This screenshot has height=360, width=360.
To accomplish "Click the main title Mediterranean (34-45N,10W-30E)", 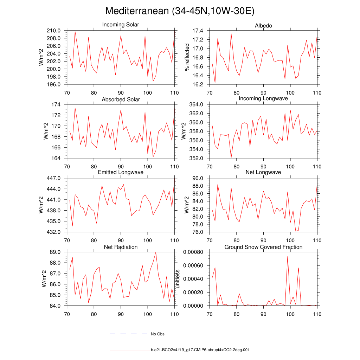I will [180, 11].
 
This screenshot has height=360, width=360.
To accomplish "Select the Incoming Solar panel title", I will [121, 25].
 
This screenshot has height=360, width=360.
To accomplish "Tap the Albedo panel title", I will [263, 26].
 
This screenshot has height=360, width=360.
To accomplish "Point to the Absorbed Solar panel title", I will [121, 99].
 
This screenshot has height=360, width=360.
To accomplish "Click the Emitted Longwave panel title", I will [121, 172].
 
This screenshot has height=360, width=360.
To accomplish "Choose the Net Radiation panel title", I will [121, 247].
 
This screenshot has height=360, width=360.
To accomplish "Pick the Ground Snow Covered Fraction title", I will [263, 247].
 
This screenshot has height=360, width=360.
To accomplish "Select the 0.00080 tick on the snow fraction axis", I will [195, 252].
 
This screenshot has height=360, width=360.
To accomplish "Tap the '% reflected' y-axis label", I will [187, 57].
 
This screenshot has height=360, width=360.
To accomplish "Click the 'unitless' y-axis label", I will [178, 279].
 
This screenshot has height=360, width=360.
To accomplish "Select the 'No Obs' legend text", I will [157, 334].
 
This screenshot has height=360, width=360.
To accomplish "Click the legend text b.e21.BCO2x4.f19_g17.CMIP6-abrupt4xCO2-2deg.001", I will [200, 350].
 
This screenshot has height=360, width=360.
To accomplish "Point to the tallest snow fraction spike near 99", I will [288, 257].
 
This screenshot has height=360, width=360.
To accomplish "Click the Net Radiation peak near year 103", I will [156, 252].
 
